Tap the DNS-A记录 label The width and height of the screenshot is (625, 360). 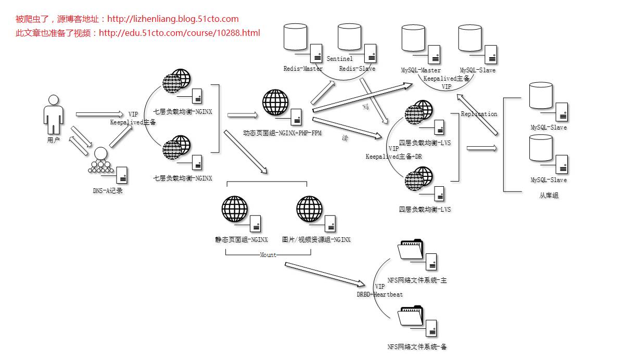(107, 191)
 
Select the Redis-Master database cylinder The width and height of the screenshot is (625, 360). (296, 37)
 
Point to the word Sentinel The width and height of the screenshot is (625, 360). (339, 59)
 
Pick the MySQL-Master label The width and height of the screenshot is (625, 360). (420, 70)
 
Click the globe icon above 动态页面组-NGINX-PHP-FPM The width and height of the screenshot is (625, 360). (275, 102)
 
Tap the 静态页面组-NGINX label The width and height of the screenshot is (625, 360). (241, 240)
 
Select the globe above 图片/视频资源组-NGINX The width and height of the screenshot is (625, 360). (310, 209)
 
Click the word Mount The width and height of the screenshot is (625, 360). (268, 255)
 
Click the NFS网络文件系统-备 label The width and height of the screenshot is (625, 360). (417, 346)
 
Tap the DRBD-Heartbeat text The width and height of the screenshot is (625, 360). (379, 294)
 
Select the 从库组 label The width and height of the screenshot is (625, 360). (549, 196)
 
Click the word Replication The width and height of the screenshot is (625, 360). (479, 114)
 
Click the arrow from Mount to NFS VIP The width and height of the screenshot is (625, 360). (325, 274)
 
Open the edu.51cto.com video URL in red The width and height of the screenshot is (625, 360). (179, 33)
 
